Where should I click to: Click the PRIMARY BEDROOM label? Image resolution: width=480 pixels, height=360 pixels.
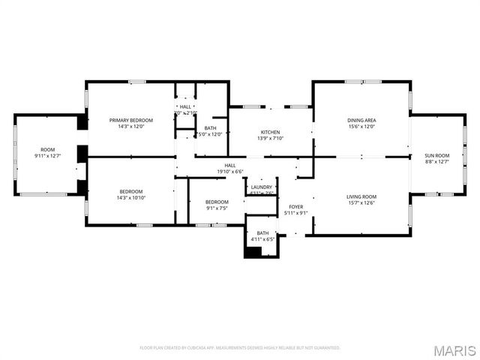[131, 120]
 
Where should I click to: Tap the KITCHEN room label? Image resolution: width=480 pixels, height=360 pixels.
[270, 132]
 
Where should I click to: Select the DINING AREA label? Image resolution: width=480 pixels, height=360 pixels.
[361, 120]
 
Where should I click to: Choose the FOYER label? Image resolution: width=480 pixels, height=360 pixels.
[296, 206]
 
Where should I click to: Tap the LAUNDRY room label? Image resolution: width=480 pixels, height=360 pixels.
[262, 187]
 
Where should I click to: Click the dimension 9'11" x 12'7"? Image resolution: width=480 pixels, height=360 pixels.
[48, 156]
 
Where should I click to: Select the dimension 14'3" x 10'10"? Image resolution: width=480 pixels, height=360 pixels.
[131, 199]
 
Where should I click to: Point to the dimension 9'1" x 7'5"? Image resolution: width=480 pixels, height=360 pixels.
[217, 208]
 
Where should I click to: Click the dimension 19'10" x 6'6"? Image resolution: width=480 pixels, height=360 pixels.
[230, 171]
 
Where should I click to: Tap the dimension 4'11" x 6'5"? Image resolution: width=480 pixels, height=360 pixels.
[262, 240]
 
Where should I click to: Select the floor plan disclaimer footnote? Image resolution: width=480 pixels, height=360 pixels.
[240, 348]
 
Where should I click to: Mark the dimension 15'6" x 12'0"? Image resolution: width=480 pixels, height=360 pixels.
[361, 126]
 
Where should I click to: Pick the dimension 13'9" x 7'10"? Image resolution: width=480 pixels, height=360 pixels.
[270, 138]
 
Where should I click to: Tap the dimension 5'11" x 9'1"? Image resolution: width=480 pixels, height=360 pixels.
[296, 213]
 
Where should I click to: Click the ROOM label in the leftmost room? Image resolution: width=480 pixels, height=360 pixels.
[48, 149]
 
